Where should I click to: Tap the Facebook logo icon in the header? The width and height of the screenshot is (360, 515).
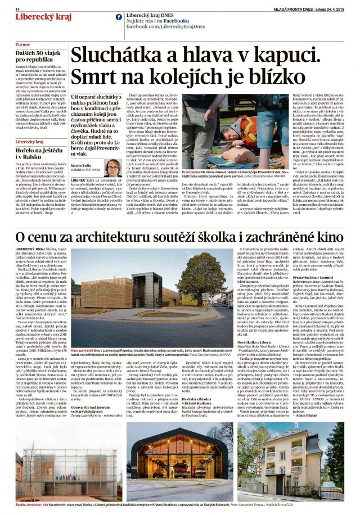119,17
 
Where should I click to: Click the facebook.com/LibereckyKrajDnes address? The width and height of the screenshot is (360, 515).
160,26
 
